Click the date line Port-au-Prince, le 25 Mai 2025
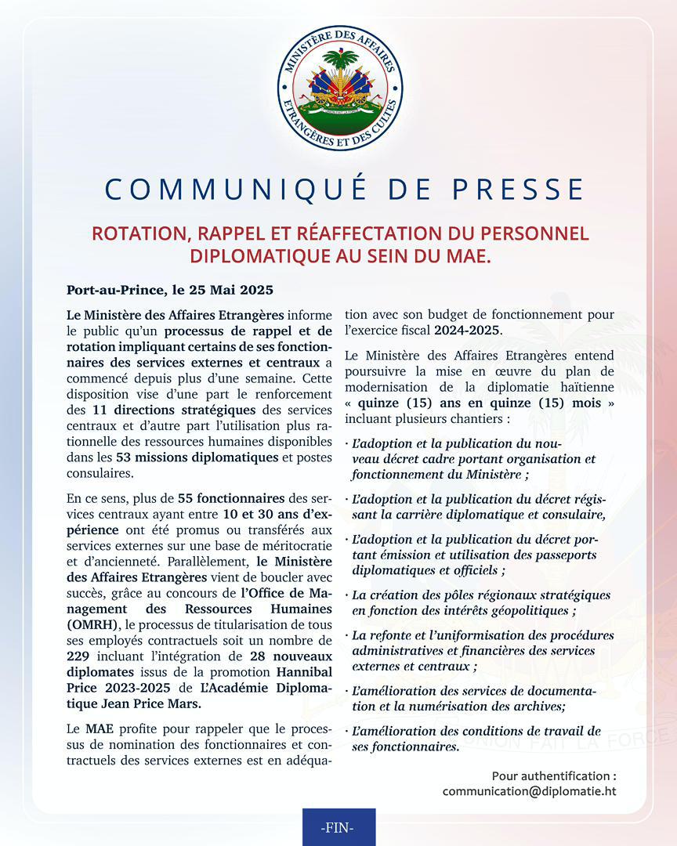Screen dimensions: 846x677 [x=170, y=290]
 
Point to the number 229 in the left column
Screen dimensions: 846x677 [x=78, y=654]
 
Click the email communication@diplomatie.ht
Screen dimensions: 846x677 [x=529, y=791]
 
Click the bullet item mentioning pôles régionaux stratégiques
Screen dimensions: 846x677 [x=480, y=602]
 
